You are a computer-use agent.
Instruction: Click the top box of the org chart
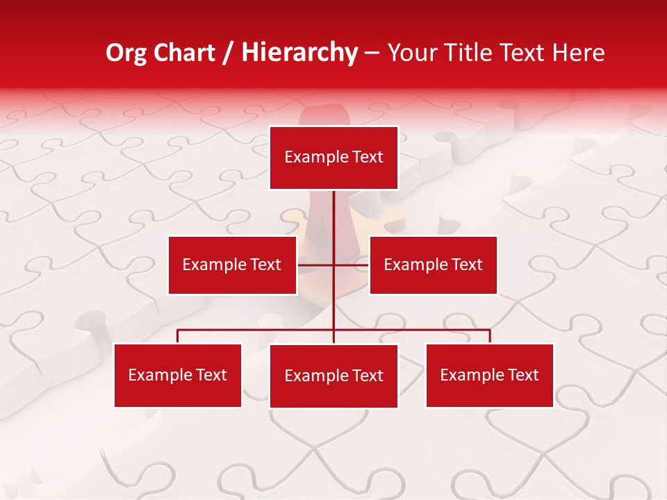[333, 158]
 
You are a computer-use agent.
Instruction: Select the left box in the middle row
[232, 265]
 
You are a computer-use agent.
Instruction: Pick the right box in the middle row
[433, 265]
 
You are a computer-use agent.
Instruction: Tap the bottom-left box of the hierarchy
[177, 375]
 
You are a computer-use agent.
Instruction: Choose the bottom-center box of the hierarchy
[333, 376]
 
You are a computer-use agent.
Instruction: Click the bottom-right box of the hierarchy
[489, 375]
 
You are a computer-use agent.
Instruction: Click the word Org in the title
[126, 53]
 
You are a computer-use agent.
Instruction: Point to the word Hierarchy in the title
[299, 53]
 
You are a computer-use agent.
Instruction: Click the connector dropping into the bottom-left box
[177, 336]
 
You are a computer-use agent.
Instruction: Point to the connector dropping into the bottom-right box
[489, 336]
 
